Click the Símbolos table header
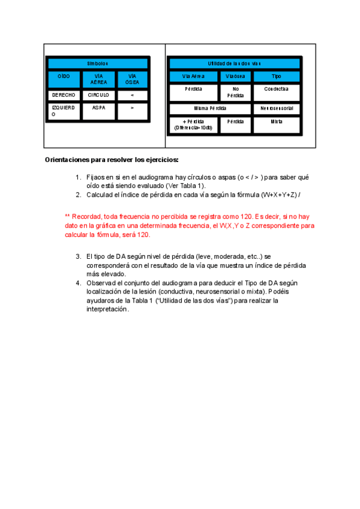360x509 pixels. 98,63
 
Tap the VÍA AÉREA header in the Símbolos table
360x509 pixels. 98,79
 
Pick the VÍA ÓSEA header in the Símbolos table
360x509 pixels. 131,79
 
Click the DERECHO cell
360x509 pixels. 64,95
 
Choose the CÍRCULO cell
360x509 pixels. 98,95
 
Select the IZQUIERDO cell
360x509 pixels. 64,111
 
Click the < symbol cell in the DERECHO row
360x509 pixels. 131,95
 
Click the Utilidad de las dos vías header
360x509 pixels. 234,63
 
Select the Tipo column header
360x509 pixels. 276,77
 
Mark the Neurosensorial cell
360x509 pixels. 276,109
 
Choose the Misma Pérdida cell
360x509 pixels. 210,109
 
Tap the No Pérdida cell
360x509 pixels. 235,92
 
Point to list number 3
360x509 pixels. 79,256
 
